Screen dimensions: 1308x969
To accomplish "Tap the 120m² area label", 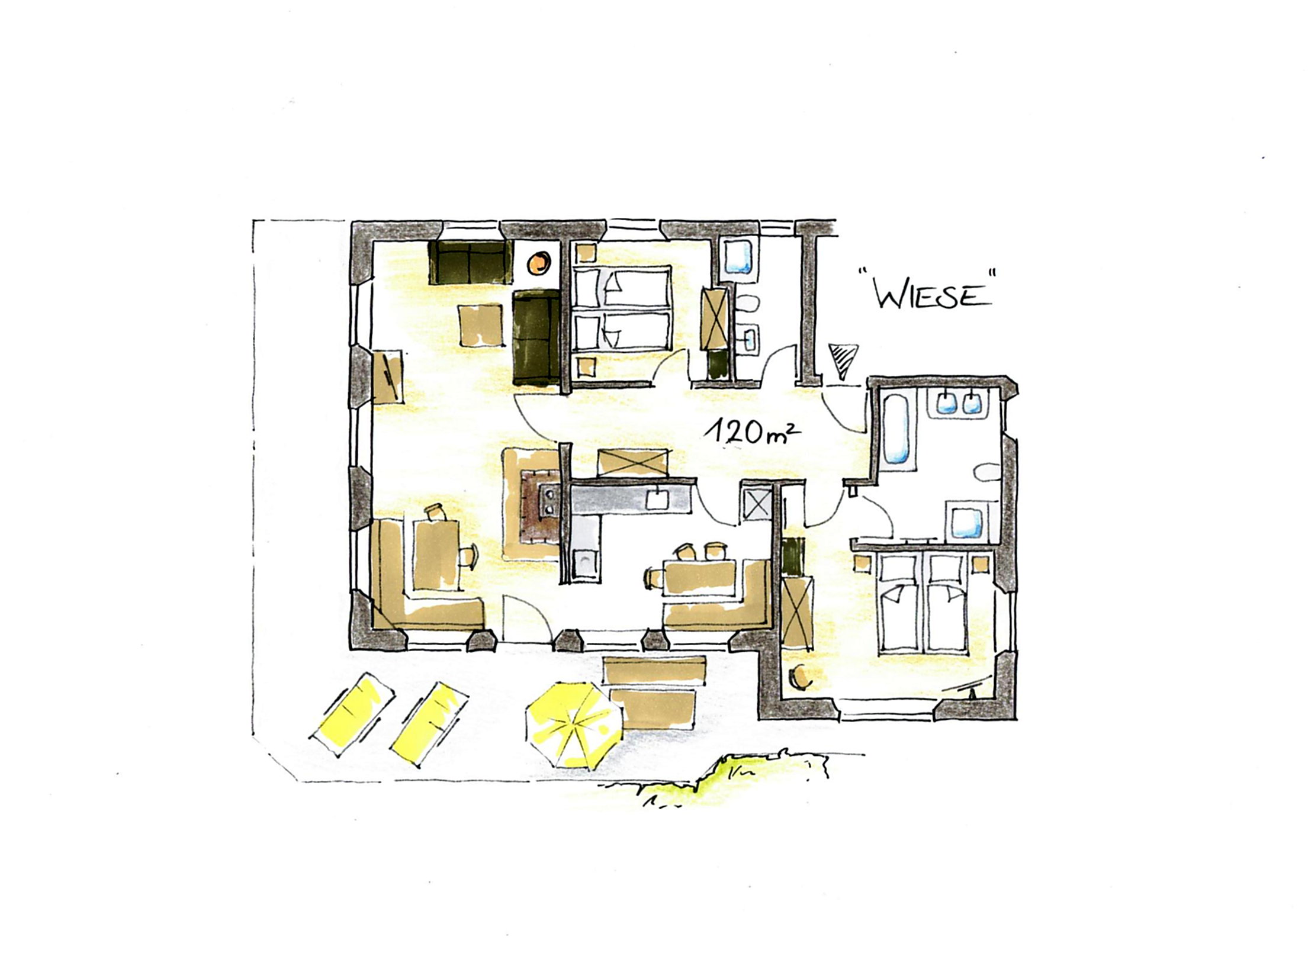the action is click(x=750, y=432).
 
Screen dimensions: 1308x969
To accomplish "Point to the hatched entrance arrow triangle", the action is click(x=843, y=360).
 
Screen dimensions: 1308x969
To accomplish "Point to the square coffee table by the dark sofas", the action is click(x=480, y=324).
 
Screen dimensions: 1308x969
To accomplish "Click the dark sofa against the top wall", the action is click(x=470, y=262).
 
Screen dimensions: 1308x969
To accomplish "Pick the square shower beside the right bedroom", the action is click(x=966, y=521).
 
